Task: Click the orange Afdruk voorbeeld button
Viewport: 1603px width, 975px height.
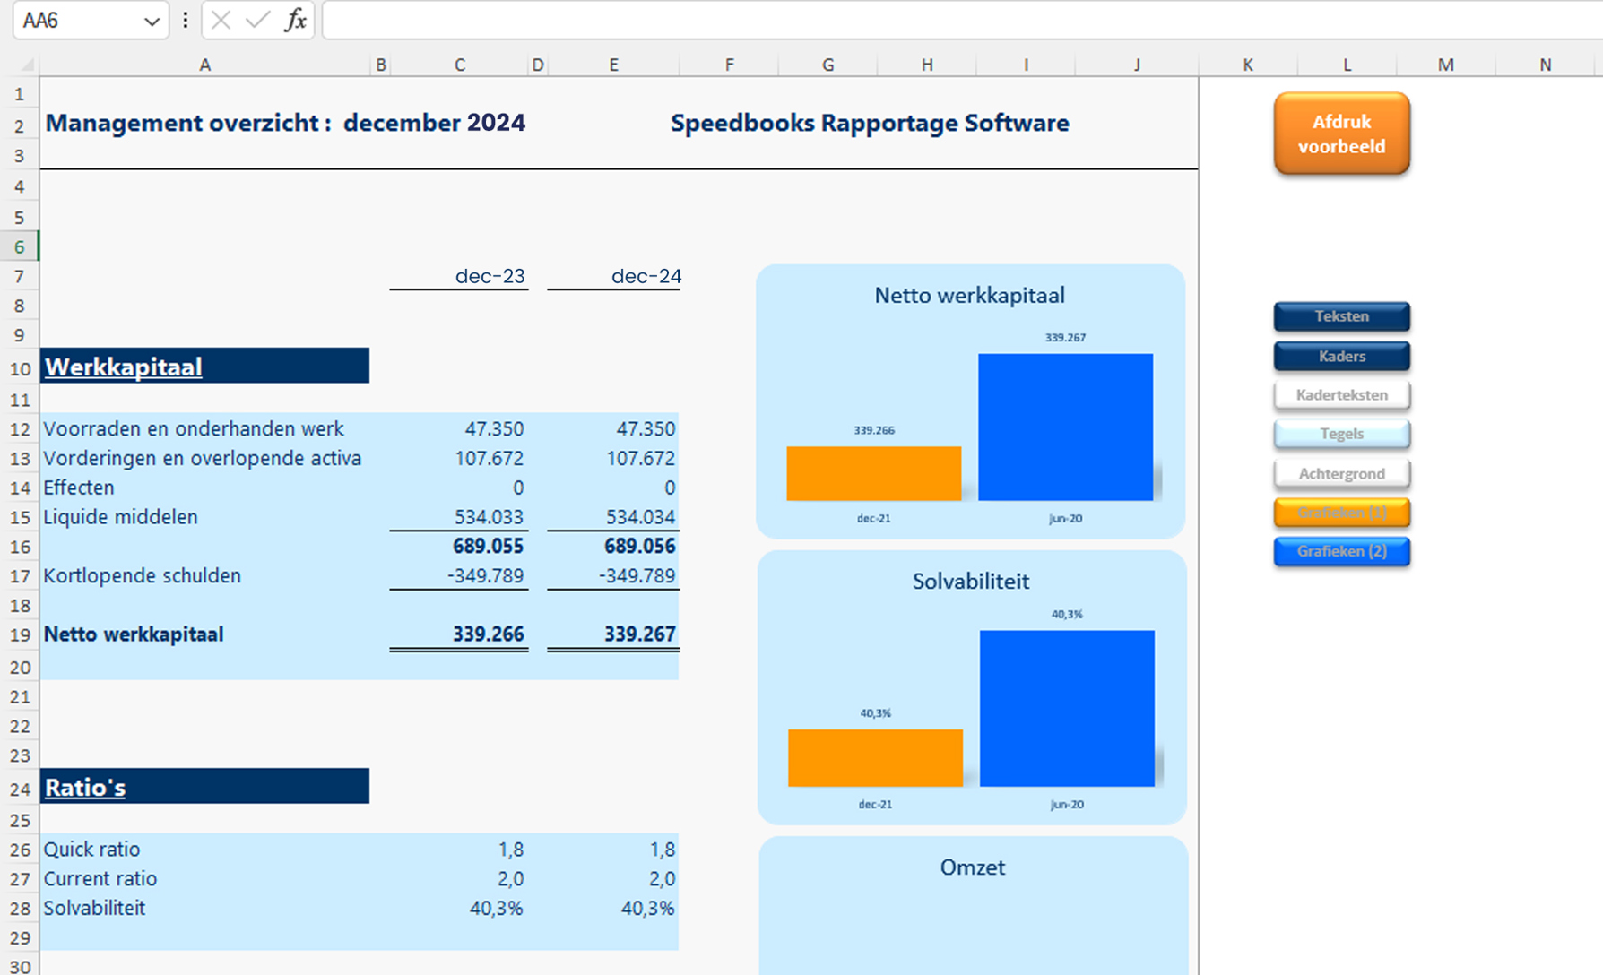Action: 1341,134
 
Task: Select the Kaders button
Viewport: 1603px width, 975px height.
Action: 1341,356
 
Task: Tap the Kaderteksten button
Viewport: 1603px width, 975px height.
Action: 1341,395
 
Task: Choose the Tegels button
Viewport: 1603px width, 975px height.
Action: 1341,434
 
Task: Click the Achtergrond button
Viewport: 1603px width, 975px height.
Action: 1341,473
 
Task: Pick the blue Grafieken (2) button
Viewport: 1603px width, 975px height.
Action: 1341,551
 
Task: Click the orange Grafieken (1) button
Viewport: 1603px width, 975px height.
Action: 1341,513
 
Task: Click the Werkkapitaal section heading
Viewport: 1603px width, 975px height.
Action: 124,367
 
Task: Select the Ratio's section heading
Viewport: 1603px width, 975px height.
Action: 85,787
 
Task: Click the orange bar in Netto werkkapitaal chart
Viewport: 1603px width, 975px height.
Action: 873,473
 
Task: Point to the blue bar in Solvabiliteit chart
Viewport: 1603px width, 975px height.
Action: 1066,708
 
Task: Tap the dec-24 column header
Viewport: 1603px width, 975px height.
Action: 646,276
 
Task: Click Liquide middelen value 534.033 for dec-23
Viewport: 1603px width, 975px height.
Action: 489,517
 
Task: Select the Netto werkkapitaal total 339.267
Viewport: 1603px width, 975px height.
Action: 639,634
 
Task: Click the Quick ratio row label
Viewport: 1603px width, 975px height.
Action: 91,849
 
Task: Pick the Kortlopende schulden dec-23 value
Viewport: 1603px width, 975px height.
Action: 485,575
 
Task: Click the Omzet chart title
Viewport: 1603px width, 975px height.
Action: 972,867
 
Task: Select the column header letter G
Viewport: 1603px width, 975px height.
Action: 827,65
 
